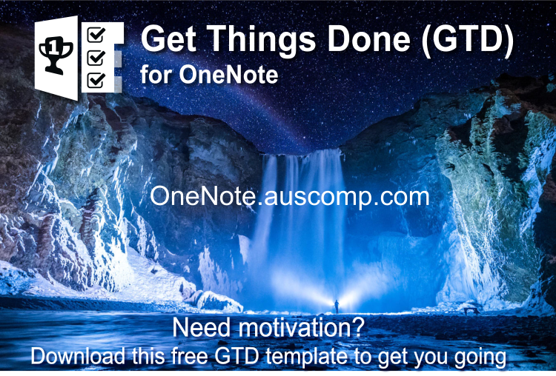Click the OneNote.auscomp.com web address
[289, 196]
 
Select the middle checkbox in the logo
[96, 56]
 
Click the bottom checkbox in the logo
[96, 78]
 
